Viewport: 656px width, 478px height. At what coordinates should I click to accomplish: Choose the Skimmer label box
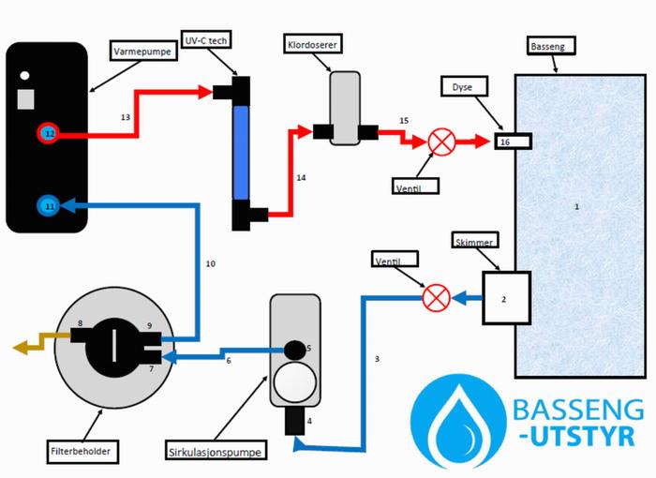pos(473,240)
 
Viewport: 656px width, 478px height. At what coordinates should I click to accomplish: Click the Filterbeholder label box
pos(82,451)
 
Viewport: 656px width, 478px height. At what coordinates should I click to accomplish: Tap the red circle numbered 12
pos(49,134)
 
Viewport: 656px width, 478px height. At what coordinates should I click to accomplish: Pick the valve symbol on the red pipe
pos(441,142)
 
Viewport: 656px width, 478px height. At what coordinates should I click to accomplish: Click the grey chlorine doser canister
pos(344,110)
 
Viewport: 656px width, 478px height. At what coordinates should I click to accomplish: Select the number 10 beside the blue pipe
pos(211,264)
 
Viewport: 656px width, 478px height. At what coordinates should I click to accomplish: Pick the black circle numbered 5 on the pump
pos(296,349)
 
